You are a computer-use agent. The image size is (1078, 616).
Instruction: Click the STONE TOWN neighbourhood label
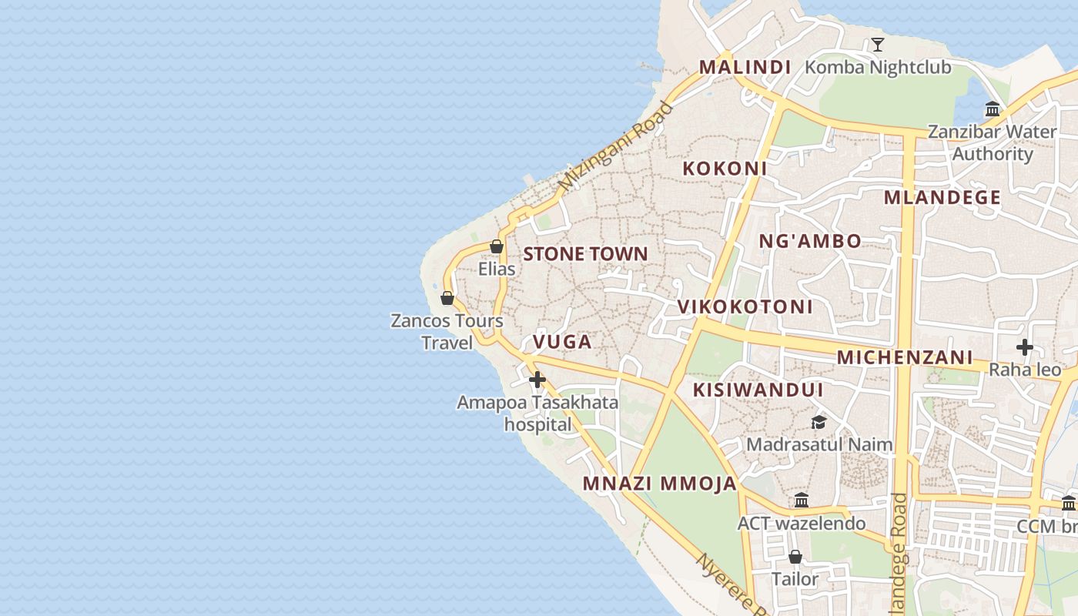pyautogui.click(x=585, y=254)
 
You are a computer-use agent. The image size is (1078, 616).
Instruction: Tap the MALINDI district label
pyautogui.click(x=745, y=67)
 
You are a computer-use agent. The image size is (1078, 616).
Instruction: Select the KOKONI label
pyautogui.click(x=725, y=169)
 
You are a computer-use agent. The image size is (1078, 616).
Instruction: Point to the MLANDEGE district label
pyautogui.click(x=942, y=198)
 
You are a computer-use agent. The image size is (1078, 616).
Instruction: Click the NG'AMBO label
pyautogui.click(x=810, y=241)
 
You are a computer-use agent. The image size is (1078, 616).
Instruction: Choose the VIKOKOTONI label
pyautogui.click(x=745, y=306)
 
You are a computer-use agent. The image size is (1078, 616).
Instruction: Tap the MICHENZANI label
pyautogui.click(x=905, y=357)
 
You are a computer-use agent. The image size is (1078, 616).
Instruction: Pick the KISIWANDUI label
pyautogui.click(x=758, y=390)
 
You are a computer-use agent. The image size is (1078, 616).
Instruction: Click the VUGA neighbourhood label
pyautogui.click(x=562, y=342)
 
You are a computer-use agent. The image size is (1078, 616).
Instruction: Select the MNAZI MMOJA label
pyautogui.click(x=660, y=484)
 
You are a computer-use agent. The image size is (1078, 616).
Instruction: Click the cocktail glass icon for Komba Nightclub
pyautogui.click(x=877, y=45)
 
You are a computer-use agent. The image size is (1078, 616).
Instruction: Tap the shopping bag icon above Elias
pyautogui.click(x=497, y=247)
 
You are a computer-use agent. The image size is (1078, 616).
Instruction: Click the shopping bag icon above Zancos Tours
pyautogui.click(x=447, y=298)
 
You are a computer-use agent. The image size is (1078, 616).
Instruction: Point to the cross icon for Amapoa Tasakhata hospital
pyautogui.click(x=537, y=380)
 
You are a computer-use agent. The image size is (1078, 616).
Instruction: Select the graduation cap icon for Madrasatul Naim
pyautogui.click(x=819, y=422)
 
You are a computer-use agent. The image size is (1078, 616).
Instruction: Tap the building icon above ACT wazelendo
pyautogui.click(x=802, y=500)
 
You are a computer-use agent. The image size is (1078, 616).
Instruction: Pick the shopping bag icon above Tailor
pyautogui.click(x=795, y=556)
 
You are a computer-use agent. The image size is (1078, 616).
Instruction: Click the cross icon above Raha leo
pyautogui.click(x=1024, y=347)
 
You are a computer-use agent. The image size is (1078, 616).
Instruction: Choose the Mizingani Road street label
pyautogui.click(x=615, y=147)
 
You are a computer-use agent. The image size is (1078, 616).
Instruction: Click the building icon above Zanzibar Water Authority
pyautogui.click(x=993, y=109)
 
